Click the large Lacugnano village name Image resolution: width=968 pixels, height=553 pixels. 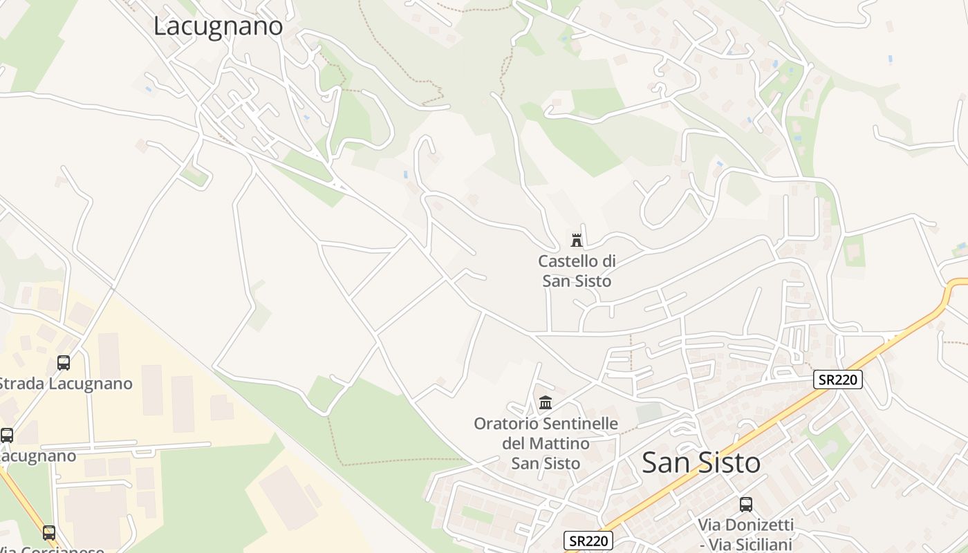(218, 26)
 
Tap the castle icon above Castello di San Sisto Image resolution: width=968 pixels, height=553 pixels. (576, 240)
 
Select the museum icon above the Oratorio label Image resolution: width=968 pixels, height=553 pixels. (546, 402)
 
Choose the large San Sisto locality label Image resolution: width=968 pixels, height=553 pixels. (701, 462)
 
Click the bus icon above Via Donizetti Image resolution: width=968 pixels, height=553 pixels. (745, 504)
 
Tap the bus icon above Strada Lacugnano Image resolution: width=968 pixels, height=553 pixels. (63, 363)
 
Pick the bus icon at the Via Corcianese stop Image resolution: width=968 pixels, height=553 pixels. (48, 533)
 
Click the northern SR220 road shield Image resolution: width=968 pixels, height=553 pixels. (838, 379)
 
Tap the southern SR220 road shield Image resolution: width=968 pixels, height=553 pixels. (588, 541)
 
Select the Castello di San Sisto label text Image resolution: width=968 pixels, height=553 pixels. (577, 271)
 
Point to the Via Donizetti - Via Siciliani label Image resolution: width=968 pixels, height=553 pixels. (745, 534)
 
